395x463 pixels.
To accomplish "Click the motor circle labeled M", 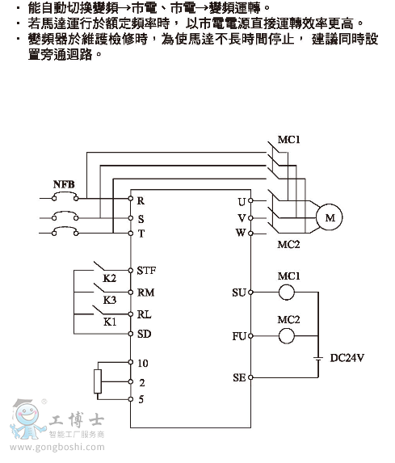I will point(329,217).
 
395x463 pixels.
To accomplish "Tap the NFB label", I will point(64,184).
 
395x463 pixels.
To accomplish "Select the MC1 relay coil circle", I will point(288,292).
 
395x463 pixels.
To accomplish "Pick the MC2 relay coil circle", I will point(288,335).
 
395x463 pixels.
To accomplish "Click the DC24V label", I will point(348,356).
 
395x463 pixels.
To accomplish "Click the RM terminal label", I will point(146,293).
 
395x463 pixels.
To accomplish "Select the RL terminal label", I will point(145,314).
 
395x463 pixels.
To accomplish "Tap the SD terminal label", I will point(145,333).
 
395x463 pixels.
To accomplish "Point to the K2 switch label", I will point(110,279).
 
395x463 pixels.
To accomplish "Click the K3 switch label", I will point(110,300).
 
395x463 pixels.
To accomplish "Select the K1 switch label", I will point(110,321).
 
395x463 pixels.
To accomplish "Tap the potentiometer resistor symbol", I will point(99,381).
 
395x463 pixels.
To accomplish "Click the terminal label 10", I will point(144,364).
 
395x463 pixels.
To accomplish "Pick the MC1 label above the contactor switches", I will point(289,139).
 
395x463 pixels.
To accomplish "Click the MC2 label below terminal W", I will point(288,244).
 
